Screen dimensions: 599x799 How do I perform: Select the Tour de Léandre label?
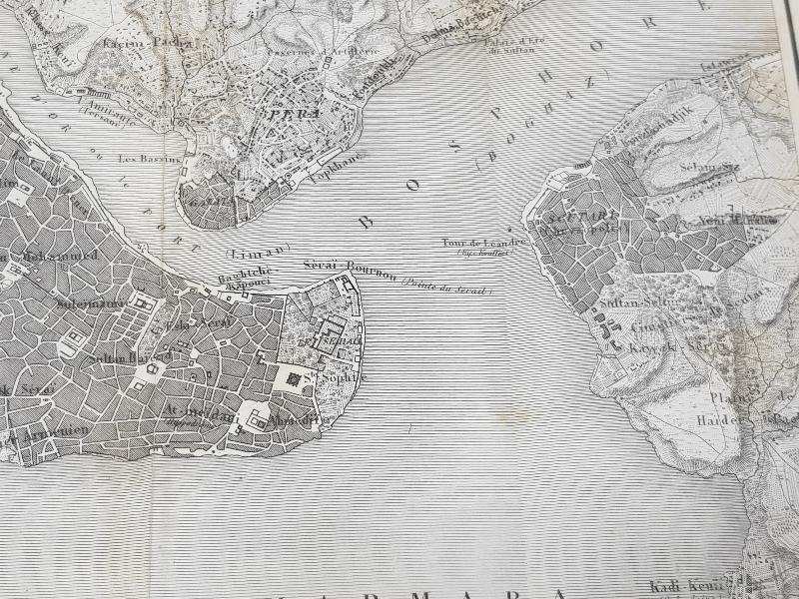tap(483, 243)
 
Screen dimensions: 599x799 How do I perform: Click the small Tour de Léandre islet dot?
tap(511, 231)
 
